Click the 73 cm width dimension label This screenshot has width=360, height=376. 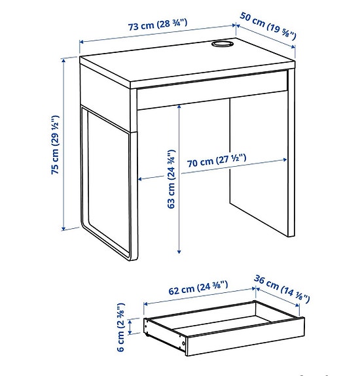157,25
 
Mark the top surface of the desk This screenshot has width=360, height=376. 183,62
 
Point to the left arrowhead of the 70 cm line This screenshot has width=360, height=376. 139,177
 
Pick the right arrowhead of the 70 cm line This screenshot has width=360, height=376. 285,159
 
